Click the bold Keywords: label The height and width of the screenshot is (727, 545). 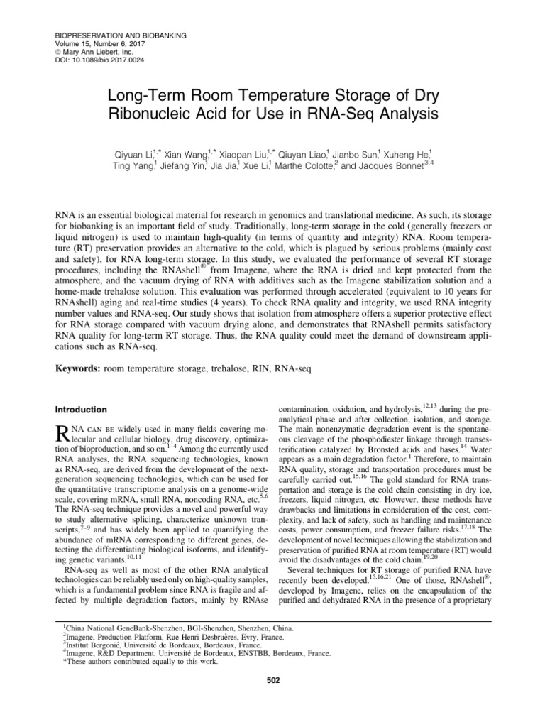pyautogui.click(x=78, y=369)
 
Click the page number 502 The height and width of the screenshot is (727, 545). pyautogui.click(x=272, y=680)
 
